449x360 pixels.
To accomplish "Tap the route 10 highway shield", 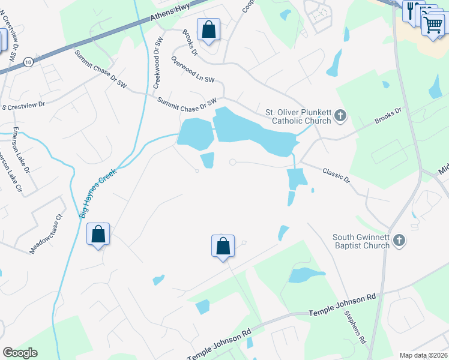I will point(28,62).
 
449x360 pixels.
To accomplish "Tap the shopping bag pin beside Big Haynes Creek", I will point(98,235).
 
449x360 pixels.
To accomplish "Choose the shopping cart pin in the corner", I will point(433,25).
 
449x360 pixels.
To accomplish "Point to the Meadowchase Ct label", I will point(46,233).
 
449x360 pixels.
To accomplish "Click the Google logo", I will point(20,352).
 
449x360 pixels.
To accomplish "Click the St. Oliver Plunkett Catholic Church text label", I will point(298,116).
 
